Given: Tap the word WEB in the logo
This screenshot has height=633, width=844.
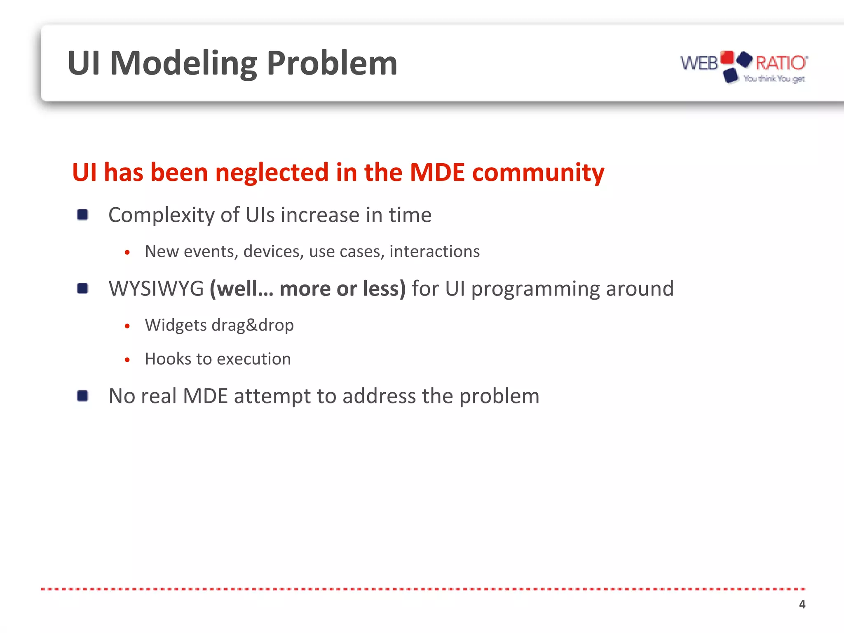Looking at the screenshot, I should [x=699, y=63].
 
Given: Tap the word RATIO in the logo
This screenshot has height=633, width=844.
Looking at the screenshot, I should [x=781, y=63].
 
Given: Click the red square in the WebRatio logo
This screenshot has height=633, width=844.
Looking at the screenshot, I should [x=728, y=58].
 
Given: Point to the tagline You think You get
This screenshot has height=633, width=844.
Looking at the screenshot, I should [x=774, y=79].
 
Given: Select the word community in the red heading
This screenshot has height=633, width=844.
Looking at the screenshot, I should [x=538, y=172].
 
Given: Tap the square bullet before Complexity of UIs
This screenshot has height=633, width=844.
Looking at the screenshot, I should [x=82, y=215].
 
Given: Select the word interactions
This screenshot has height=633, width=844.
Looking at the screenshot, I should [x=434, y=251].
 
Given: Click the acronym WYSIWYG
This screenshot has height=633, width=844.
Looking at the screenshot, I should [x=156, y=288].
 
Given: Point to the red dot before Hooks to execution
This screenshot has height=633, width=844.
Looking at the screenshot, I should [x=127, y=360].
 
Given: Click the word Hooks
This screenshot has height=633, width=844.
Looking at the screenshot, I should [x=167, y=359].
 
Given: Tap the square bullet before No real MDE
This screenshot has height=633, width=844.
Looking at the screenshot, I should [x=82, y=396].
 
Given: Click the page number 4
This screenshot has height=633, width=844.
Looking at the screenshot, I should [x=802, y=604].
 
